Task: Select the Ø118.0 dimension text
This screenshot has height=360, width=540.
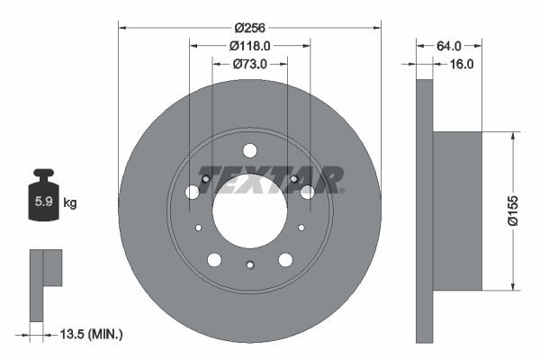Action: [x=249, y=44]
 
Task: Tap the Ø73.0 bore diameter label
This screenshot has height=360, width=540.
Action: [x=249, y=64]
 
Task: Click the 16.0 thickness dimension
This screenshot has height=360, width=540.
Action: [x=460, y=64]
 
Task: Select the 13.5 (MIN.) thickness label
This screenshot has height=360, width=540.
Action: [x=90, y=334]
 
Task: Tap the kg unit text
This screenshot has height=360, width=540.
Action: [x=70, y=203]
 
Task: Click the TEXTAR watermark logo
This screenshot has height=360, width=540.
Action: [x=270, y=178]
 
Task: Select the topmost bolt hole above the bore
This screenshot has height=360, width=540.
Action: [x=250, y=150]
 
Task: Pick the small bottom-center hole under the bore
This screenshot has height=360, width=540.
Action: [x=250, y=264]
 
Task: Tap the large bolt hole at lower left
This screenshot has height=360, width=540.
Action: [x=214, y=260]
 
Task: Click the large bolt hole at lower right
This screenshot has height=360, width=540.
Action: [x=285, y=260]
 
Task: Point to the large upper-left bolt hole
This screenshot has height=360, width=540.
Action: [x=192, y=192]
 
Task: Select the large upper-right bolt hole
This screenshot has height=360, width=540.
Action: [x=308, y=192]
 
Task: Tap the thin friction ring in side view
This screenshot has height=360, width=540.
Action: [x=425, y=211]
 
